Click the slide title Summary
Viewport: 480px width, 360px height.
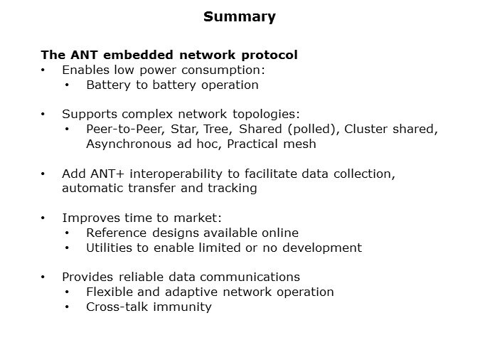click(x=240, y=17)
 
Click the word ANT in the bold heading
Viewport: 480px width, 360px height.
click(x=84, y=55)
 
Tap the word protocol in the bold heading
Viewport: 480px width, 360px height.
click(x=270, y=55)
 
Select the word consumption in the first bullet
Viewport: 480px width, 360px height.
click(x=223, y=70)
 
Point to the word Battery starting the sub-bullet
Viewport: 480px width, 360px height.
click(x=108, y=85)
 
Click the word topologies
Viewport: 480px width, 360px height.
click(x=266, y=115)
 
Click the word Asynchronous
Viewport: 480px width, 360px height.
click(x=129, y=144)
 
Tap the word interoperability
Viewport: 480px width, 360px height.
click(x=176, y=174)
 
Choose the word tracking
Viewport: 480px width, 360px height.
click(x=232, y=189)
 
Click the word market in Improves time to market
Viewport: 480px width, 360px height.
click(x=198, y=218)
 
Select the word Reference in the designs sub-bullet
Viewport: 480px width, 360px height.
click(x=117, y=233)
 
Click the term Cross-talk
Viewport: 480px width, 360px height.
click(x=117, y=307)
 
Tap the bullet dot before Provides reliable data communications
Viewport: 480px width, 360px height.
click(x=43, y=277)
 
